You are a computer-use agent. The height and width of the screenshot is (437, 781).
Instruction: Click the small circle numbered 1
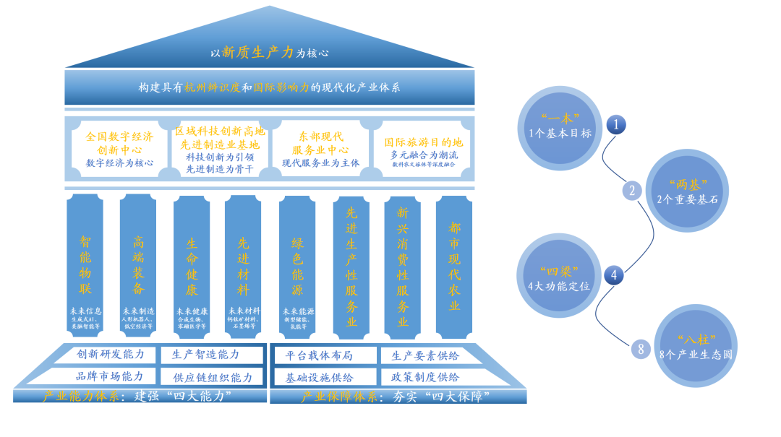(615, 124)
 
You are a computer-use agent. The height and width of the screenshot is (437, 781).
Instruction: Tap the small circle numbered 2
(632, 191)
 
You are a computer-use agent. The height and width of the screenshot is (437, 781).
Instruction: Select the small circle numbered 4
(615, 274)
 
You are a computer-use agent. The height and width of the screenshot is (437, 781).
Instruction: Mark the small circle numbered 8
(639, 350)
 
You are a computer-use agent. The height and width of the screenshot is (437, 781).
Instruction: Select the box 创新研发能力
(111, 355)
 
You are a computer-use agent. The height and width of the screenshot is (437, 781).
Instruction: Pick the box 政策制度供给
(425, 377)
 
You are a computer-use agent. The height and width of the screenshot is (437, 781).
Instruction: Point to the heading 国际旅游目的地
(423, 142)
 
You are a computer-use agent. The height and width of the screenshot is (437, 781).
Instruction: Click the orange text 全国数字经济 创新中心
(119, 142)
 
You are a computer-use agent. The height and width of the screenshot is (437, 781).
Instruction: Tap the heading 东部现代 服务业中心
(320, 142)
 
